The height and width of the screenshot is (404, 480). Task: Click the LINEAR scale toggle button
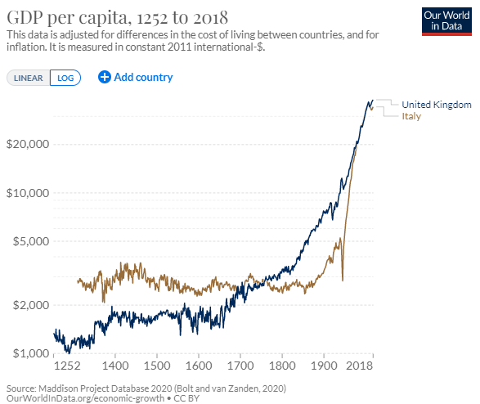pyautogui.click(x=28, y=78)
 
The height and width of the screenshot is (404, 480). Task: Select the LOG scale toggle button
pyautogui.click(x=65, y=78)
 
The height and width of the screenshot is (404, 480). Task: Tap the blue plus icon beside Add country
pyautogui.click(x=105, y=77)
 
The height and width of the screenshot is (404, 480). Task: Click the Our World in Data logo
pyautogui.click(x=446, y=22)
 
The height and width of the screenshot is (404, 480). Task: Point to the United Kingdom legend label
pyautogui.click(x=437, y=105)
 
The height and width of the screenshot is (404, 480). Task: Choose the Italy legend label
pyautogui.click(x=411, y=116)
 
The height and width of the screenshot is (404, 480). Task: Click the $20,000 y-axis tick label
pyautogui.click(x=28, y=144)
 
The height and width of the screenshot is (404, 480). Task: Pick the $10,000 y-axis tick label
pyautogui.click(x=28, y=193)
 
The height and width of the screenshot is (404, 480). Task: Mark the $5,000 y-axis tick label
pyautogui.click(x=31, y=241)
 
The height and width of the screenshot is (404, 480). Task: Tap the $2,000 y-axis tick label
pyautogui.click(x=31, y=305)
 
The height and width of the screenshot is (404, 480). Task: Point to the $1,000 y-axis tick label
pyautogui.click(x=31, y=353)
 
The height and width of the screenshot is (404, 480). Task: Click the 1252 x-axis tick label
pyautogui.click(x=67, y=366)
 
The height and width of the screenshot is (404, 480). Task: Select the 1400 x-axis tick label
pyautogui.click(x=115, y=366)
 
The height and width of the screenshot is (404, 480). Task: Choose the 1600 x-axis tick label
pyautogui.click(x=199, y=366)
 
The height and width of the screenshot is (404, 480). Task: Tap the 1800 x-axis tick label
pyautogui.click(x=282, y=366)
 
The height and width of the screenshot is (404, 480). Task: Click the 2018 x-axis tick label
pyautogui.click(x=360, y=366)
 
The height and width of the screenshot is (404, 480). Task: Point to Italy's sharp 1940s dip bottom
pyautogui.click(x=343, y=280)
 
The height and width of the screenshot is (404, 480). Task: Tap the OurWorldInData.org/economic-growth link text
pyautogui.click(x=85, y=398)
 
